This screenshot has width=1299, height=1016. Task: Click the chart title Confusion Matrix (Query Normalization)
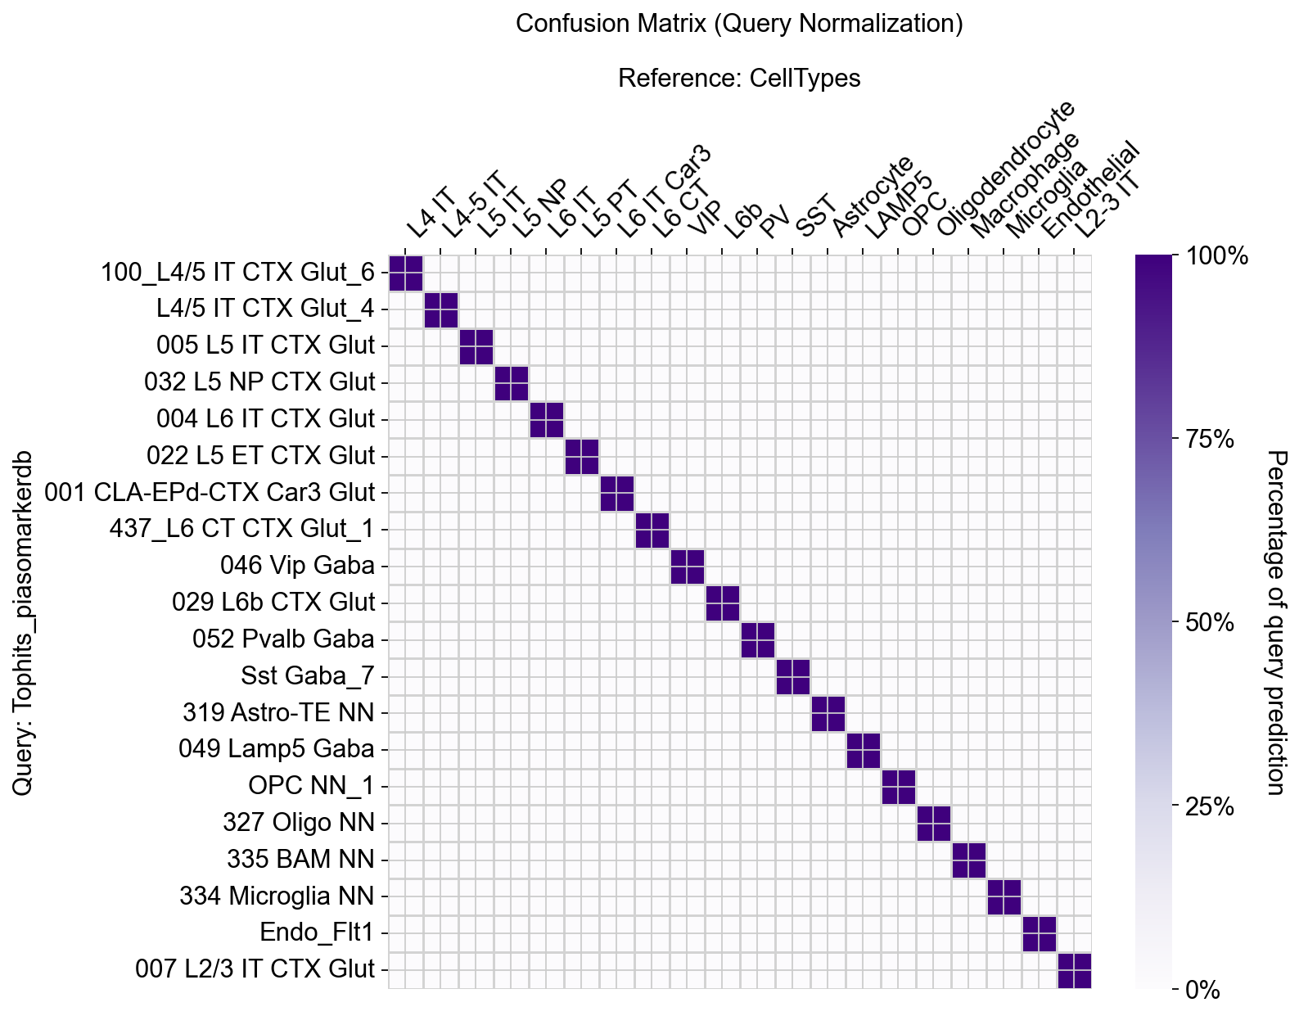tap(738, 24)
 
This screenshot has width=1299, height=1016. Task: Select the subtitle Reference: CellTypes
tap(738, 79)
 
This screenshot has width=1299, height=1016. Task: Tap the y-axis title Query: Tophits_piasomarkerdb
tap(24, 622)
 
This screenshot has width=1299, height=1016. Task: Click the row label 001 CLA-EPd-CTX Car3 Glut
tap(210, 493)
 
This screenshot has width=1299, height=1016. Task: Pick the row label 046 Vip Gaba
tap(297, 566)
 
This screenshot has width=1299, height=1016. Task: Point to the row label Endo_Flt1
tap(317, 932)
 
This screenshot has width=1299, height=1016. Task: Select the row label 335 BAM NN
tap(300, 860)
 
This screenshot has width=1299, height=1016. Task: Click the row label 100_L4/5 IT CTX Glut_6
tap(237, 273)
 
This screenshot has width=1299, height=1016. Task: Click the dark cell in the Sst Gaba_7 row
tap(792, 676)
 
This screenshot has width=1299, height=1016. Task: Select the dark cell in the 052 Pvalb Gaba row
tap(757, 639)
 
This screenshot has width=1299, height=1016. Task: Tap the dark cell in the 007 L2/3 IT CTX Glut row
tap(1074, 970)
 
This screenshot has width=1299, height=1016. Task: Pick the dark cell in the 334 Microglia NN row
tap(1004, 896)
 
